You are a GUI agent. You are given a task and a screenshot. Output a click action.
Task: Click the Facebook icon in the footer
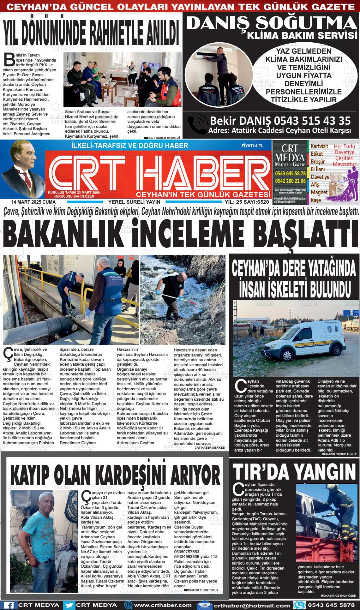click(9, 605)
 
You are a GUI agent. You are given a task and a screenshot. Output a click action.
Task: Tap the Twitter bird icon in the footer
click(69, 605)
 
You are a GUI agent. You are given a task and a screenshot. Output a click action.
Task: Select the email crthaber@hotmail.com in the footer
click(251, 605)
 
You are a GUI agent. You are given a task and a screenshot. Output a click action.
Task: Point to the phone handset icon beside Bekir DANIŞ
click(197, 124)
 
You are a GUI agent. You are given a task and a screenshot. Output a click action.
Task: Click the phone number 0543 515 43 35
click(312, 121)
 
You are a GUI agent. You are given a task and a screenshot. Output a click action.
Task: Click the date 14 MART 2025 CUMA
click(29, 202)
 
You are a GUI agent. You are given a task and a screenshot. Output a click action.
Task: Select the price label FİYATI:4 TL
click(252, 146)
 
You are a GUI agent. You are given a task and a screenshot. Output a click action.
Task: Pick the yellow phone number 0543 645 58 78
click(290, 173)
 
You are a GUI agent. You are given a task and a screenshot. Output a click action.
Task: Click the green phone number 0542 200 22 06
click(290, 181)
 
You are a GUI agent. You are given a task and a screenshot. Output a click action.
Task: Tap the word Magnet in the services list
click(319, 192)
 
